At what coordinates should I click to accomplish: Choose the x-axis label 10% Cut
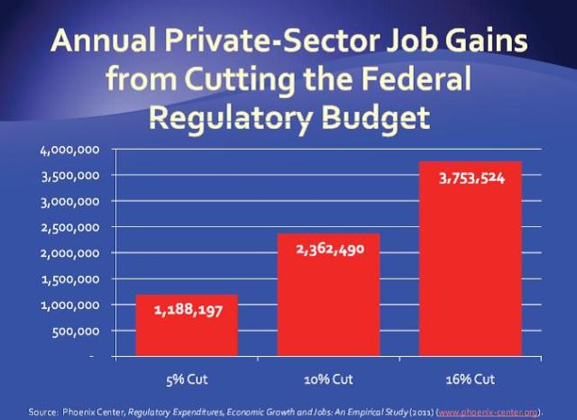point(328,379)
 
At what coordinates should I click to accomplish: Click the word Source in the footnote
point(42,411)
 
